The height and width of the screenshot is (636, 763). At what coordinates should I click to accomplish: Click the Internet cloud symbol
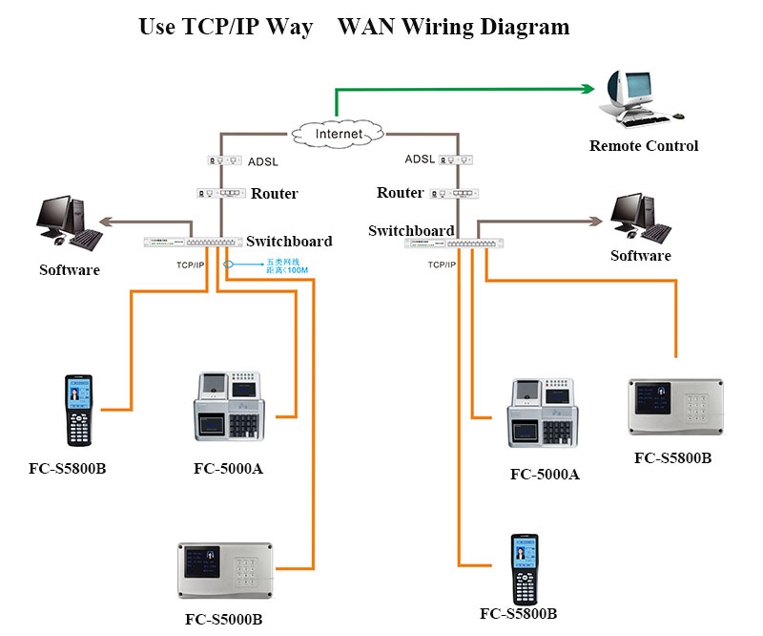coord(339,134)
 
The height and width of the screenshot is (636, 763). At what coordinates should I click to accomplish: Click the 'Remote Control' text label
coord(644,146)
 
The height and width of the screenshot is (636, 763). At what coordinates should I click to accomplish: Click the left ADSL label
coord(262,161)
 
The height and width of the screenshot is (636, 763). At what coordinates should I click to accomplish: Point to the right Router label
coord(400,193)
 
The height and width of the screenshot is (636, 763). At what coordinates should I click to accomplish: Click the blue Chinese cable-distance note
coord(282,265)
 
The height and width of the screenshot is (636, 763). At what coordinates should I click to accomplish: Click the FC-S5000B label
coord(225,618)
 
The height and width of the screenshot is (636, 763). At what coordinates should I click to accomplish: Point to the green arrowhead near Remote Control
coord(587,89)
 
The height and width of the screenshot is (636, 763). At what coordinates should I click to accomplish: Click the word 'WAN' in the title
coord(369,27)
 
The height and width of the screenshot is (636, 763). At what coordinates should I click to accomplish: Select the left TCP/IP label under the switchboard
coord(191,264)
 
